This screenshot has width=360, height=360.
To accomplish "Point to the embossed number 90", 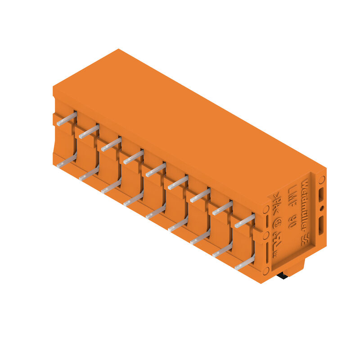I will (x=292, y=221).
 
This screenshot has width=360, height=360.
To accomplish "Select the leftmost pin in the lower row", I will (x=67, y=161).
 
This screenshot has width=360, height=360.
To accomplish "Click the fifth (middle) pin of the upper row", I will (x=156, y=170).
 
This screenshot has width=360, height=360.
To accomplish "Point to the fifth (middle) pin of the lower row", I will (x=156, y=212).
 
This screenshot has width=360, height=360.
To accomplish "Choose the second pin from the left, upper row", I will (x=89, y=131).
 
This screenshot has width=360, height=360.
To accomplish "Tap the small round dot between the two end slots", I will (x=321, y=208).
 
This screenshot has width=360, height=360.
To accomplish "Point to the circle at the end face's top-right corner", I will (x=322, y=180).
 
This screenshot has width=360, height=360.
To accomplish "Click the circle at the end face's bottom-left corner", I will (x=266, y=270).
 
